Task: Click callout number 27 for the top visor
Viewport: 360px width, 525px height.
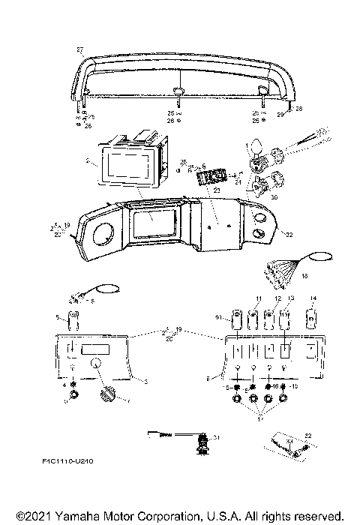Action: click(x=80, y=49)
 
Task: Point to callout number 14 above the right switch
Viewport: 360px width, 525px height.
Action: click(x=313, y=298)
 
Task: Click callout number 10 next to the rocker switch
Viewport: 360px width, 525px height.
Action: click(x=218, y=319)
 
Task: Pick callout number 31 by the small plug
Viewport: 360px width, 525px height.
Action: click(x=216, y=436)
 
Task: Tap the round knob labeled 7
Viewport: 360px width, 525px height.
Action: click(x=105, y=393)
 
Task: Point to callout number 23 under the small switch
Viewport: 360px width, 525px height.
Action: click(x=218, y=191)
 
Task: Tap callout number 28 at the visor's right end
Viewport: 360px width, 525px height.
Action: click(x=300, y=109)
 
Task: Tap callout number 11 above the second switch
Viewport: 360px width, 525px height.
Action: click(x=259, y=298)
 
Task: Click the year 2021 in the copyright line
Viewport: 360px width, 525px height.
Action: click(x=34, y=516)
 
